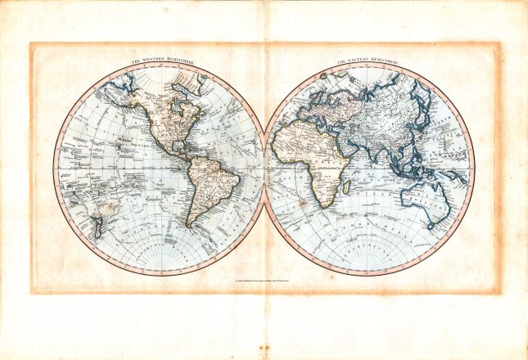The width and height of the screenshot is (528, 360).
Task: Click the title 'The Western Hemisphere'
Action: click(160, 62)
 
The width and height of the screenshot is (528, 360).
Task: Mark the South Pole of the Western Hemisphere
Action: click(160, 273)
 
